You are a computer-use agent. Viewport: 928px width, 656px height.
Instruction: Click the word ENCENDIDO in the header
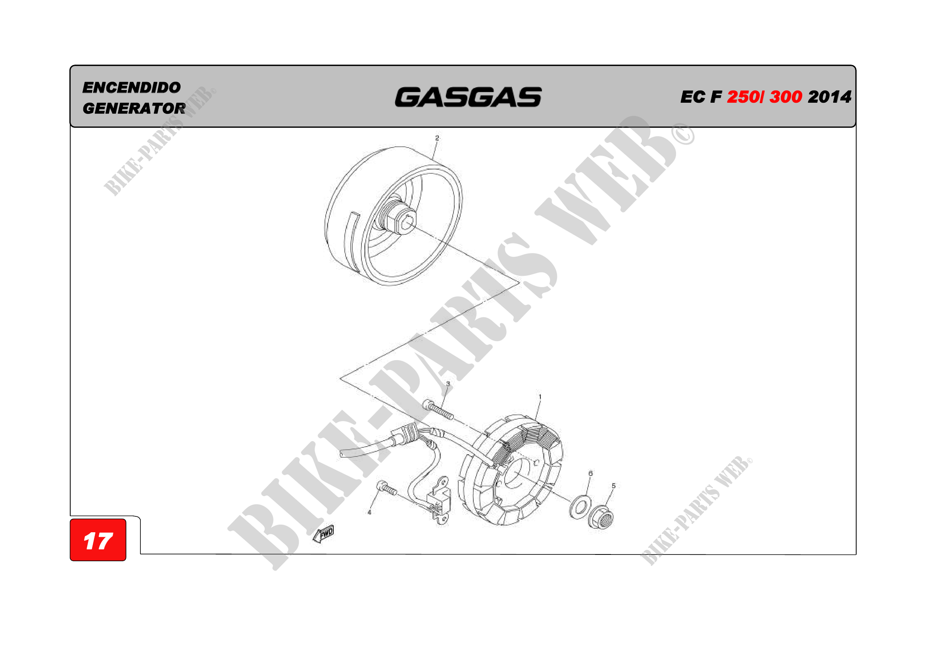point(131,87)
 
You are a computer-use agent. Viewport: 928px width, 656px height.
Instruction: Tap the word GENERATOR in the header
point(134,108)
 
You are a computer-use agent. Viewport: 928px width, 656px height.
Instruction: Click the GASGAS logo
point(468,97)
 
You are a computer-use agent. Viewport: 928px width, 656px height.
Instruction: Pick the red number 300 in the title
point(786,97)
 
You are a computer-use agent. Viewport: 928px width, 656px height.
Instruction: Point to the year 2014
point(830,97)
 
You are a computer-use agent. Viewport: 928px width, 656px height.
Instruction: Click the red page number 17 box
point(98,540)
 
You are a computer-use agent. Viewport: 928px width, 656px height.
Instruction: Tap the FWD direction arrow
point(324,534)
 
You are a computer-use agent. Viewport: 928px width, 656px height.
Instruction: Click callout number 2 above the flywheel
point(437,138)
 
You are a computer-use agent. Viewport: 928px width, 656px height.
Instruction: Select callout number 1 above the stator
point(540,397)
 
